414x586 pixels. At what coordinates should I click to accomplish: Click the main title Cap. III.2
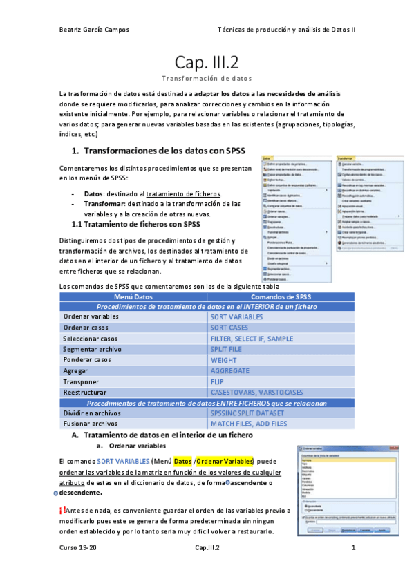click(207, 63)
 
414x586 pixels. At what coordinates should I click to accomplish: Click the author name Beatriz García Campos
click(94, 30)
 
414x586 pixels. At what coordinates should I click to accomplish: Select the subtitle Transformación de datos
click(207, 79)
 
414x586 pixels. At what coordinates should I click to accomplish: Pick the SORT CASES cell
click(229, 328)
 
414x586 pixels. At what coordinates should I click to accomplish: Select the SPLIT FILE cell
click(227, 349)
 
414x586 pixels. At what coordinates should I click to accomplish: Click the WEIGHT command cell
click(223, 360)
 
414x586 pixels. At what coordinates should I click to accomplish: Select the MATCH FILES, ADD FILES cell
click(248, 424)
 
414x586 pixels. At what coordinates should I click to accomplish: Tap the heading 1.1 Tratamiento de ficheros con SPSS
click(136, 224)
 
